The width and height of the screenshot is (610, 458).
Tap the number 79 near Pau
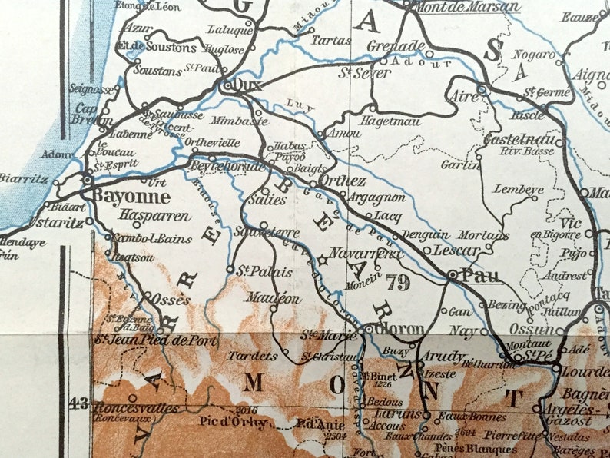(398, 280)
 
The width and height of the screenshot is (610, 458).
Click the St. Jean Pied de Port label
(154, 339)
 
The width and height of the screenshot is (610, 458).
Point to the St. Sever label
(364, 74)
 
